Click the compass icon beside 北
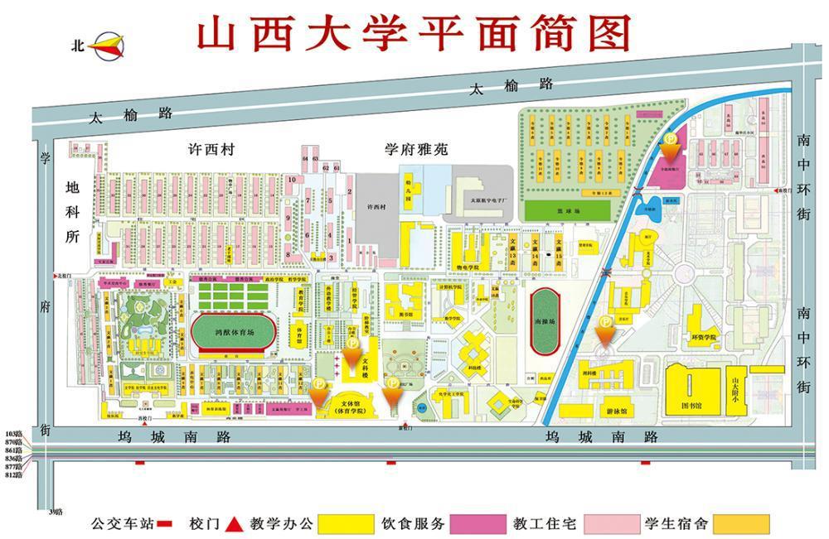click(109, 45)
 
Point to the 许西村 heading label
click(211, 150)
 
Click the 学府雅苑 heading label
click(415, 150)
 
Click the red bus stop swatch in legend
click(165, 523)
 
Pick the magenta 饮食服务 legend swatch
click(478, 523)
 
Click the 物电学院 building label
click(468, 267)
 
